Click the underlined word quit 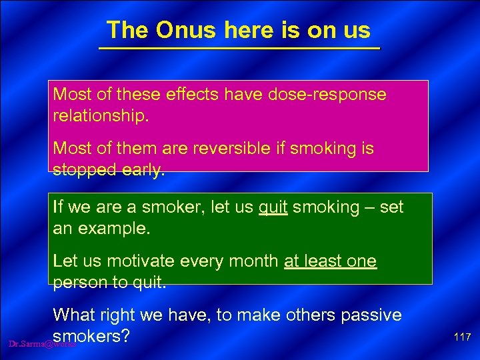coord(273,207)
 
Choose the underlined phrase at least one coord(330,261)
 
